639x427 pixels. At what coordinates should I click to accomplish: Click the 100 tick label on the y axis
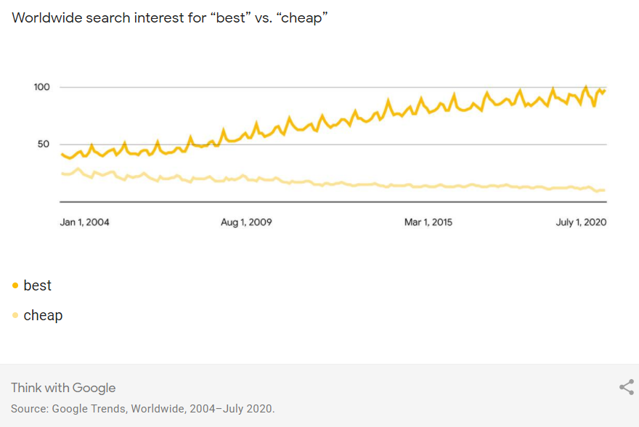pos(41,87)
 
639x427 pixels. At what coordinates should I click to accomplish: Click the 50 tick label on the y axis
pos(43,144)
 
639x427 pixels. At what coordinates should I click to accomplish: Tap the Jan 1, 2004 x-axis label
pos(84,222)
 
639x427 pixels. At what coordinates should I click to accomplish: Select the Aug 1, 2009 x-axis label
pos(246,222)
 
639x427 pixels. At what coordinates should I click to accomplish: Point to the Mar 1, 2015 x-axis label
pos(428,222)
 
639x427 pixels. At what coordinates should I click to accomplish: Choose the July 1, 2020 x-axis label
pos(581,222)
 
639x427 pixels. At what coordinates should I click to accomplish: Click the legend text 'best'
pos(38,285)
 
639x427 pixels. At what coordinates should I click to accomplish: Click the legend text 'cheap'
pos(43,315)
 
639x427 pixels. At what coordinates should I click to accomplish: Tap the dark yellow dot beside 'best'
pos(15,286)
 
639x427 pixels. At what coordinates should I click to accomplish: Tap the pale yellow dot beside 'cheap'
pos(15,315)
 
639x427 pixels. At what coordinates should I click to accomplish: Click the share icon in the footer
pos(626,387)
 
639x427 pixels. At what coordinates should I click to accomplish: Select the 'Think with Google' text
pos(63,388)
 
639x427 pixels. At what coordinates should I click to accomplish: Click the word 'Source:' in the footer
pos(29,409)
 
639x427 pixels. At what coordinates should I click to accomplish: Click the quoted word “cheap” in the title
pos(304,17)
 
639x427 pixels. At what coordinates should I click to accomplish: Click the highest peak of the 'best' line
pos(586,87)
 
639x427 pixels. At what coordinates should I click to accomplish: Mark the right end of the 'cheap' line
pos(604,190)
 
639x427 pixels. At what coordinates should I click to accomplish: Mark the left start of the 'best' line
pos(62,154)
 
